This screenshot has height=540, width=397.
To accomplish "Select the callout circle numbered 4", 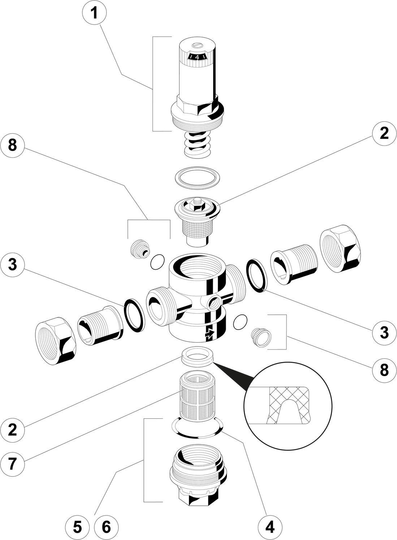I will click(x=270, y=528).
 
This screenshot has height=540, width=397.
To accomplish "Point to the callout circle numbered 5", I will click(x=77, y=528).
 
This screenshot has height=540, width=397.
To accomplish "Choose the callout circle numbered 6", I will click(x=106, y=528).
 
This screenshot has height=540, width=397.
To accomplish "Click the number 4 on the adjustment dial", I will click(x=197, y=57).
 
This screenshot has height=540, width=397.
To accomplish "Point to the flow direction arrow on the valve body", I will click(x=209, y=334).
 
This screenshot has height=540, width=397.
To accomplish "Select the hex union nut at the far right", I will click(x=340, y=249).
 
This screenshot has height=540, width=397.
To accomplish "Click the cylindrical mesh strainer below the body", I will click(x=196, y=396).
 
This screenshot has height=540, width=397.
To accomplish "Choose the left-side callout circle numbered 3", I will click(x=12, y=265).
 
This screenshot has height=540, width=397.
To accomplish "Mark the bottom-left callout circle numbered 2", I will click(x=12, y=430).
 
